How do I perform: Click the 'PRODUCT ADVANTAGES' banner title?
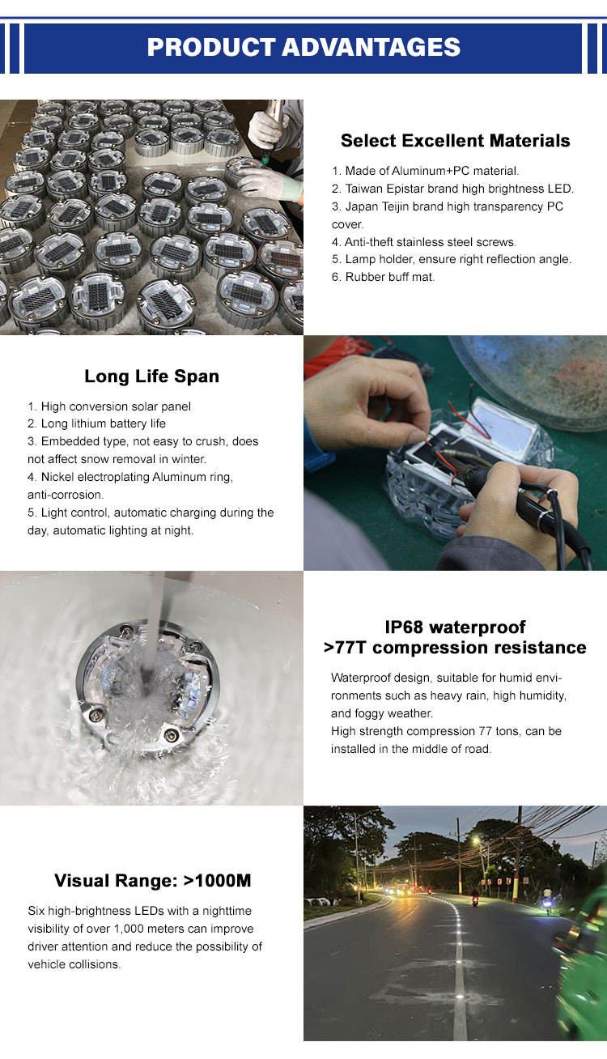pos(303,47)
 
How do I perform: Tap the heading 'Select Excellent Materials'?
pos(455,141)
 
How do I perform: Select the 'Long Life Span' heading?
pos(151,376)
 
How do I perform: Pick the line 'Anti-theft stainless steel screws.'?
pos(423,242)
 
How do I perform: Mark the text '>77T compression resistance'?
pos(455,648)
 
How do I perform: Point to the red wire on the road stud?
pos(468,425)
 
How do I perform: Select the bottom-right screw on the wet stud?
pos(172,734)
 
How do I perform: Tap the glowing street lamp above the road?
pos(476,840)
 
